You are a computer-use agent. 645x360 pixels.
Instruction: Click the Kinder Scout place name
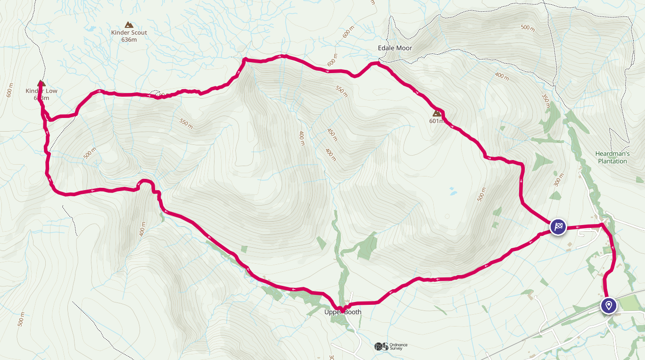point(129,33)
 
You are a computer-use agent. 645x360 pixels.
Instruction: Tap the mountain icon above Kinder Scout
point(129,25)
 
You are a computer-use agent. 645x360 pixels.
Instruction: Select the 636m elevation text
point(129,40)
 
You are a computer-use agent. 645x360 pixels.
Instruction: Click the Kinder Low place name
point(41,91)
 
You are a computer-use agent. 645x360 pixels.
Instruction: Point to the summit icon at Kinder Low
point(41,84)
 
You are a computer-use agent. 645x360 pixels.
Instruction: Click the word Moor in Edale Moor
point(404,48)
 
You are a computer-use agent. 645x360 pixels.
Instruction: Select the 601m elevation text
point(437,121)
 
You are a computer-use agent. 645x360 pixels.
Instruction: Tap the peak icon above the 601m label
point(437,113)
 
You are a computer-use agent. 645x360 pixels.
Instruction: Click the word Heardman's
point(612,154)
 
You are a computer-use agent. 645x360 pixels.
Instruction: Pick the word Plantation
point(612,161)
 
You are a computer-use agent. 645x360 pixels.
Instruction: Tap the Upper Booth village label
point(343,312)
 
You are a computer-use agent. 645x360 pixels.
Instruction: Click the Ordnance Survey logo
point(391,346)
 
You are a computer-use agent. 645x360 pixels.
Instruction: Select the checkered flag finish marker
point(558,227)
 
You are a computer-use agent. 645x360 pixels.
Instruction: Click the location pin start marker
point(609,305)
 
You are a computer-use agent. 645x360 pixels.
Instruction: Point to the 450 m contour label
point(332,134)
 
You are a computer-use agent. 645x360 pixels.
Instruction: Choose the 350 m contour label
point(546,101)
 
